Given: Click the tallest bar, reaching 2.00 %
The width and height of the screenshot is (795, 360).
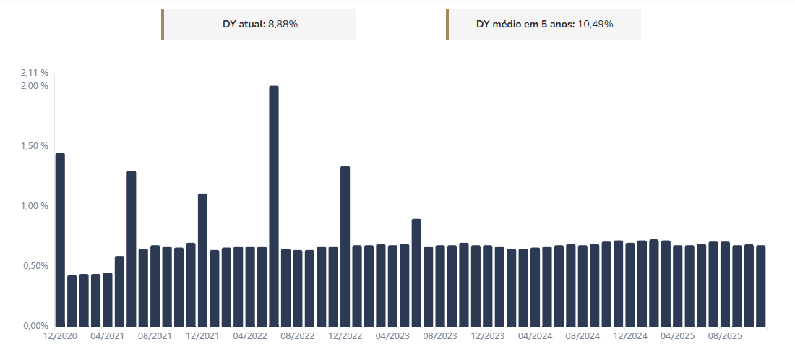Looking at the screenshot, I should (274, 206).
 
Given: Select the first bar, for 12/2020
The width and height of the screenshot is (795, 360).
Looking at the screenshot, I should (60, 239).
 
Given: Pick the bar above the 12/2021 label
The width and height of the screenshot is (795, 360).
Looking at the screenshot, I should (202, 260).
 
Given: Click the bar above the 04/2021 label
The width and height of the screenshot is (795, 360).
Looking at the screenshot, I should (108, 299).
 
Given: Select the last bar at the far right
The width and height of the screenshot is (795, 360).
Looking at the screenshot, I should (760, 286).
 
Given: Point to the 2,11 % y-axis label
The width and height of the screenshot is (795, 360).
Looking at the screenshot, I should (35, 73).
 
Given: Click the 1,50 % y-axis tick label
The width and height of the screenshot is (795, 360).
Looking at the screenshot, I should (35, 146).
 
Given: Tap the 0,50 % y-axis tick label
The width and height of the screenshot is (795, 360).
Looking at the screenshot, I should (35, 266).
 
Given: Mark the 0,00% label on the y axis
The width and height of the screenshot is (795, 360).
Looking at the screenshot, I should (35, 326).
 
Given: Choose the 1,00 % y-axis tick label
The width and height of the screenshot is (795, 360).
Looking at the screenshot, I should (35, 206).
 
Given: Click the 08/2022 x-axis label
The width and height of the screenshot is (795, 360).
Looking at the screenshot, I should (298, 337).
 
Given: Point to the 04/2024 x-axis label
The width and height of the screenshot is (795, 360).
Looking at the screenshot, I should (536, 337).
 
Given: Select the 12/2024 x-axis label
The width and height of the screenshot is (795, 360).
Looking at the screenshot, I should (630, 337).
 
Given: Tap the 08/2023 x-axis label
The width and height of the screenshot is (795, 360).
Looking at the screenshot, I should (440, 337).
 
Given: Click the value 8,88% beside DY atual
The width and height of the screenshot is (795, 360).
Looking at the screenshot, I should (283, 24).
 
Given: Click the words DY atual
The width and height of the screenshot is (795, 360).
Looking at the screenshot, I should (244, 24).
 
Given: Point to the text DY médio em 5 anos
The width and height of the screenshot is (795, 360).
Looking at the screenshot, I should (525, 24).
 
